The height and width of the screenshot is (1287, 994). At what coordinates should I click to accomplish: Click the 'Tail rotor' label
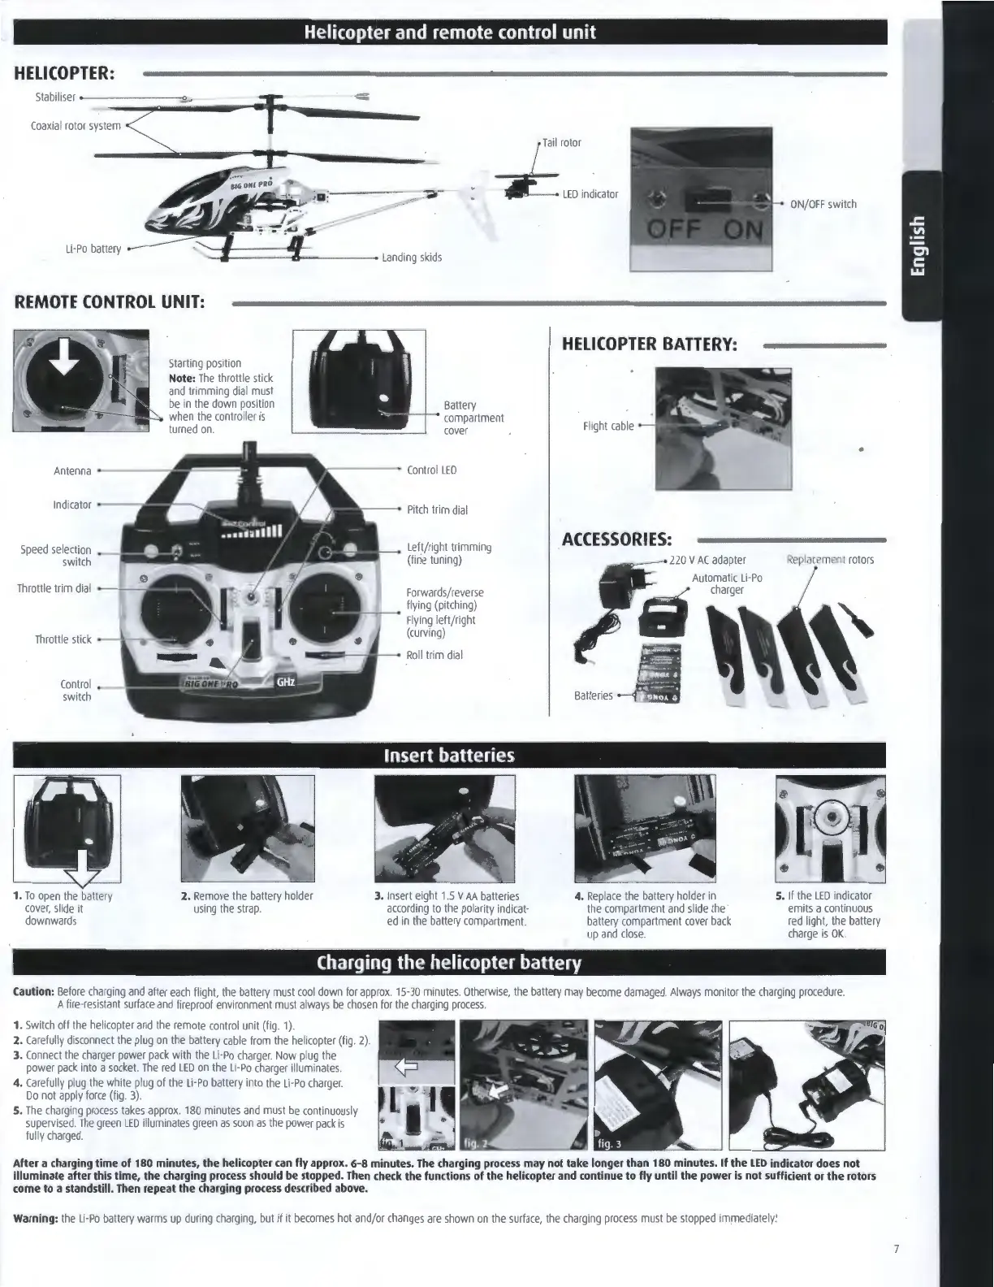[x=562, y=143]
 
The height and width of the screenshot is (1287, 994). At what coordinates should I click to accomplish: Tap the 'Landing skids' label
[x=412, y=258]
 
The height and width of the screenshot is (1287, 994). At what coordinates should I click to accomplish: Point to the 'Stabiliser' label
[x=55, y=97]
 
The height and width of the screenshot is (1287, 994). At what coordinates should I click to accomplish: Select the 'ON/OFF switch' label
[x=823, y=204]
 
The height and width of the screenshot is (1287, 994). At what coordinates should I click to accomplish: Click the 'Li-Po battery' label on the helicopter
[x=93, y=248]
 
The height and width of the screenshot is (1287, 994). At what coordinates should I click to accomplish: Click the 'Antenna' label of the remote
[x=72, y=470]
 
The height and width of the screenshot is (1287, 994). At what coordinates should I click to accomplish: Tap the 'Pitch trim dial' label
[x=437, y=510]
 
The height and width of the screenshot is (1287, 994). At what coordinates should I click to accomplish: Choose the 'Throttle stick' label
[x=63, y=639]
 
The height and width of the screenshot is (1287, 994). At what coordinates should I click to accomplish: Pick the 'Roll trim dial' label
[x=434, y=655]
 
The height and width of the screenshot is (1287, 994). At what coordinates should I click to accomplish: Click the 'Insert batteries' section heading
[x=449, y=756]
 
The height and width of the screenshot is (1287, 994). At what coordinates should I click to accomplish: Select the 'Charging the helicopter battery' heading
[x=449, y=964]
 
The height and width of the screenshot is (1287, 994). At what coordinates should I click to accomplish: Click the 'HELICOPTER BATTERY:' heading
[x=650, y=344]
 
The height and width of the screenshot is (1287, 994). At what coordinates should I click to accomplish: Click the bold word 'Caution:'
[x=32, y=993]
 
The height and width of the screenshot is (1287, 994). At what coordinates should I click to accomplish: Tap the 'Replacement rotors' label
[x=830, y=560]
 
